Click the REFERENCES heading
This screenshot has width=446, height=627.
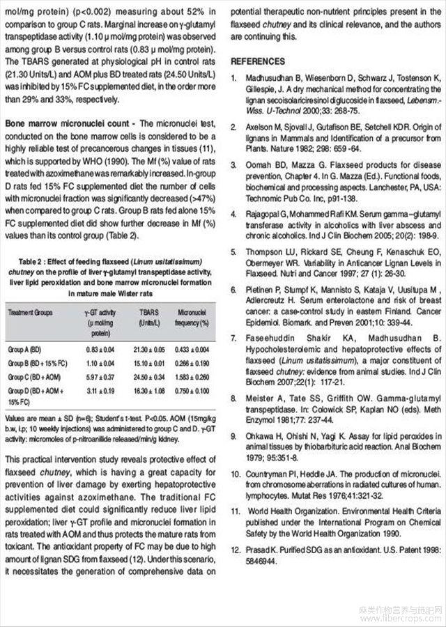coord(260,61)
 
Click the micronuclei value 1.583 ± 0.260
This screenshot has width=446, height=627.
coord(194,376)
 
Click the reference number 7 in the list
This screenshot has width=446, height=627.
coord(235,337)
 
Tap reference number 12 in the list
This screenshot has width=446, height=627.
coord(237,550)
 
